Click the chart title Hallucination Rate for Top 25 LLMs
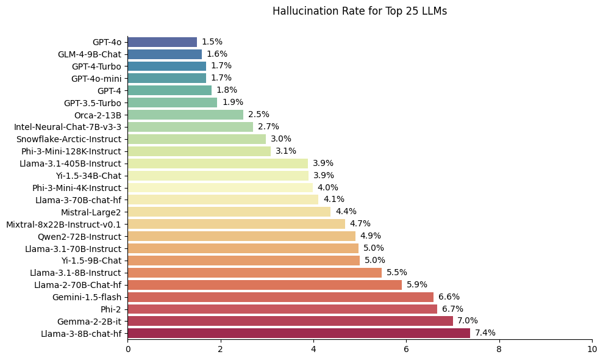[x=359, y=11]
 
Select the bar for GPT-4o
[x=162, y=42]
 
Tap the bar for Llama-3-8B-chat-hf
[x=299, y=333]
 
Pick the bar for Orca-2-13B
[x=185, y=115]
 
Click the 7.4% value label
[x=485, y=333]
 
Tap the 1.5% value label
[x=212, y=42]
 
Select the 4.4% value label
[x=346, y=212]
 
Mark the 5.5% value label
[x=397, y=273]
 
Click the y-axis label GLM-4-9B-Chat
[x=90, y=54]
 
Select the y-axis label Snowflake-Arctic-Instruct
[x=69, y=139]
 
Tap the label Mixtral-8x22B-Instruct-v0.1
[x=63, y=224]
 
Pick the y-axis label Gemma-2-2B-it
[x=89, y=321]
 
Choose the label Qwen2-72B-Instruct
[x=79, y=236]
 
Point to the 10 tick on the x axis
[x=592, y=350]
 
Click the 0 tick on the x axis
[x=128, y=350]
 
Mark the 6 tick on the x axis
[x=406, y=350]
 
